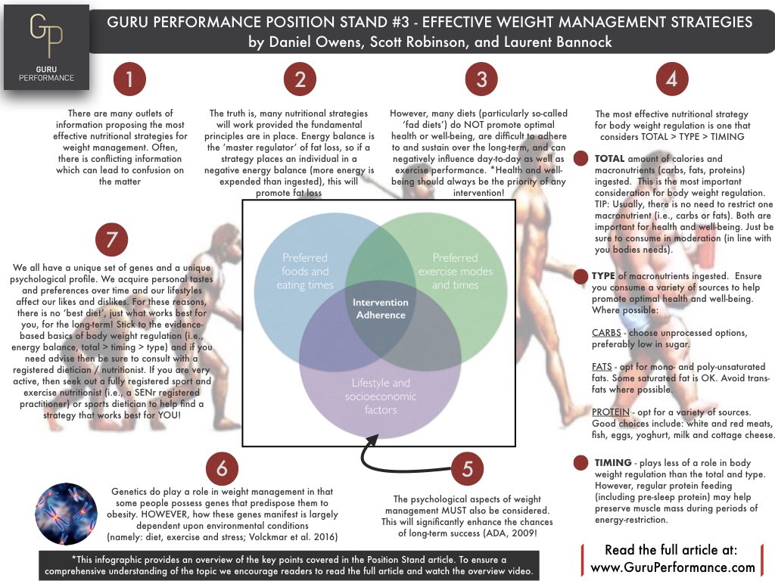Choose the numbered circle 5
tap(468, 468)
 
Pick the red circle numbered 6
tap(222, 468)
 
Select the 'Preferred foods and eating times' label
tap(305, 271)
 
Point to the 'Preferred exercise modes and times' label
tap(456, 271)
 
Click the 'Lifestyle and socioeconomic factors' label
tap(380, 396)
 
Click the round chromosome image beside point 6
tap(67, 514)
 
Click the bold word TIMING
tap(612, 462)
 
